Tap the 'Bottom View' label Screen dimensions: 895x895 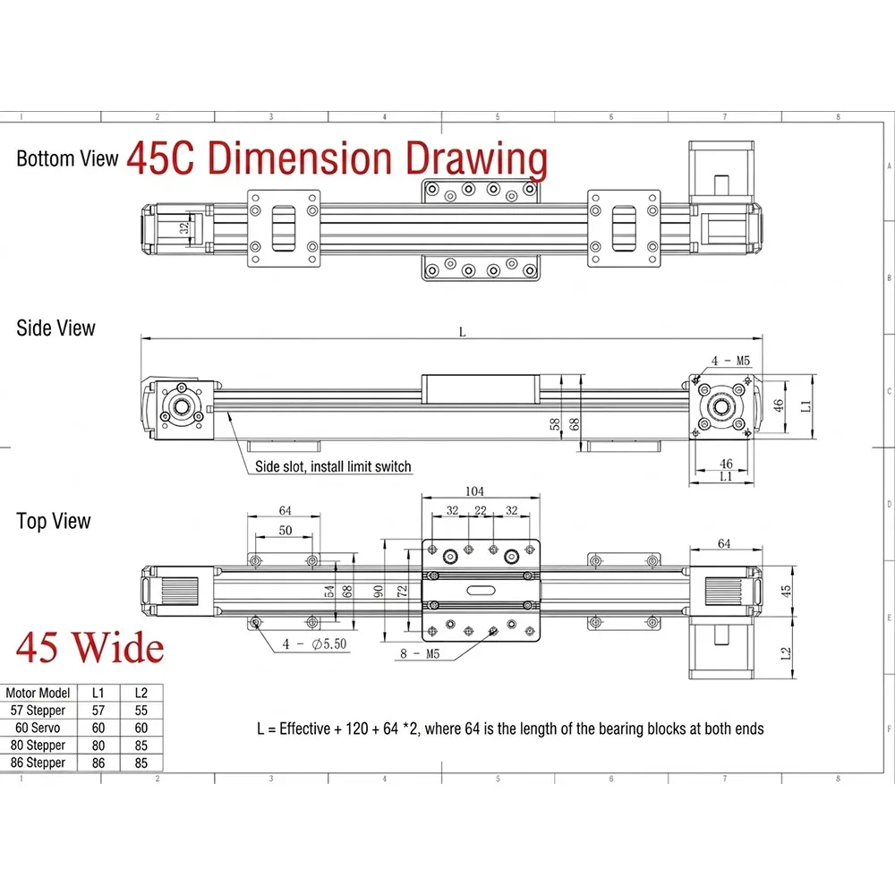(67, 158)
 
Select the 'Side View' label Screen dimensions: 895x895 (55, 328)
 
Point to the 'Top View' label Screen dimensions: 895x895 (54, 521)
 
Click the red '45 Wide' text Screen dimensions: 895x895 (90, 648)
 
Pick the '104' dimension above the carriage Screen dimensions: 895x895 (474, 490)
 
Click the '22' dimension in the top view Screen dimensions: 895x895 (481, 510)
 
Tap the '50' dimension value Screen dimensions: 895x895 (286, 530)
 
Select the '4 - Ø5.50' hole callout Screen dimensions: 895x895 (314, 644)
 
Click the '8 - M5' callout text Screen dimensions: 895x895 (420, 653)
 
